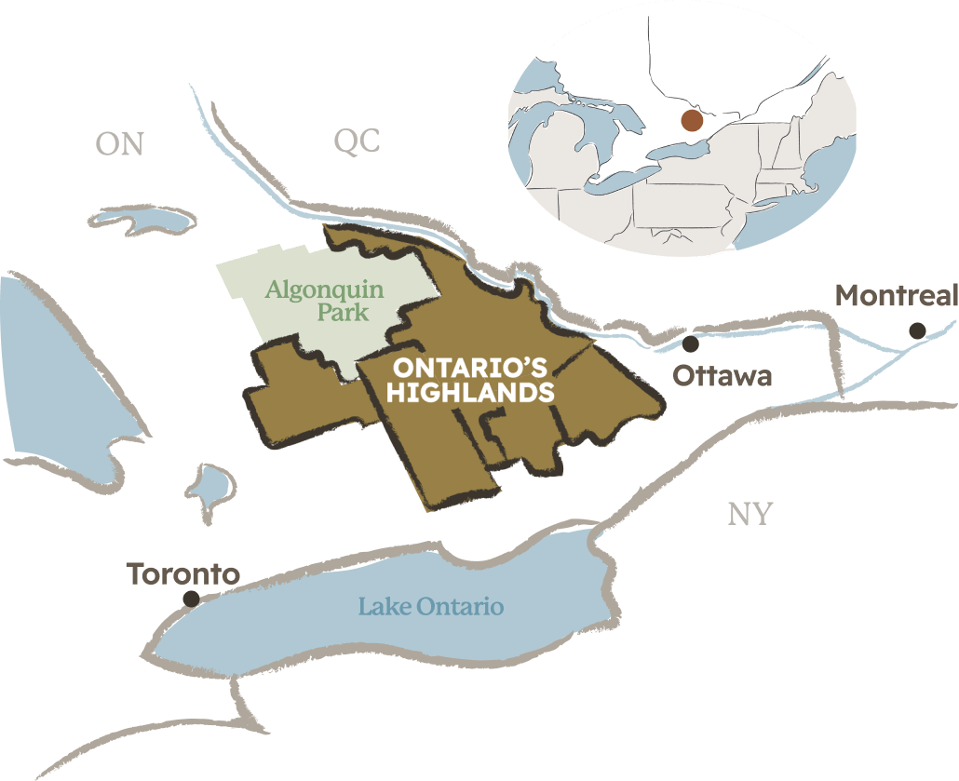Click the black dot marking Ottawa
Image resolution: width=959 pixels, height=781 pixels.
click(x=690, y=344)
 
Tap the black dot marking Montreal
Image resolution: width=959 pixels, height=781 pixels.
click(x=917, y=330)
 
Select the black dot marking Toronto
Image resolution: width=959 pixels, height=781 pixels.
click(x=191, y=599)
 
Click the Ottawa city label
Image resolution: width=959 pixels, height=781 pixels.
click(x=723, y=376)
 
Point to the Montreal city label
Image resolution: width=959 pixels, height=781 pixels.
click(x=896, y=296)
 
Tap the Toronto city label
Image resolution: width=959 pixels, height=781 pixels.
click(x=183, y=573)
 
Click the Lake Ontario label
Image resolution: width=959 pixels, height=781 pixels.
click(x=431, y=607)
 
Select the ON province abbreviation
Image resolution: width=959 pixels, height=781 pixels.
click(x=120, y=144)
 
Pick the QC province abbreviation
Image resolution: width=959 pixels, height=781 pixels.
click(x=358, y=142)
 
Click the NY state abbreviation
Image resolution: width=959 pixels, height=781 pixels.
click(x=750, y=514)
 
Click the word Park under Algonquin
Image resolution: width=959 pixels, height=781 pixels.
click(x=343, y=313)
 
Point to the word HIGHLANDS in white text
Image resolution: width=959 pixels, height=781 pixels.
click(x=470, y=393)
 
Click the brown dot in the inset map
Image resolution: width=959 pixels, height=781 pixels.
click(x=692, y=120)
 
